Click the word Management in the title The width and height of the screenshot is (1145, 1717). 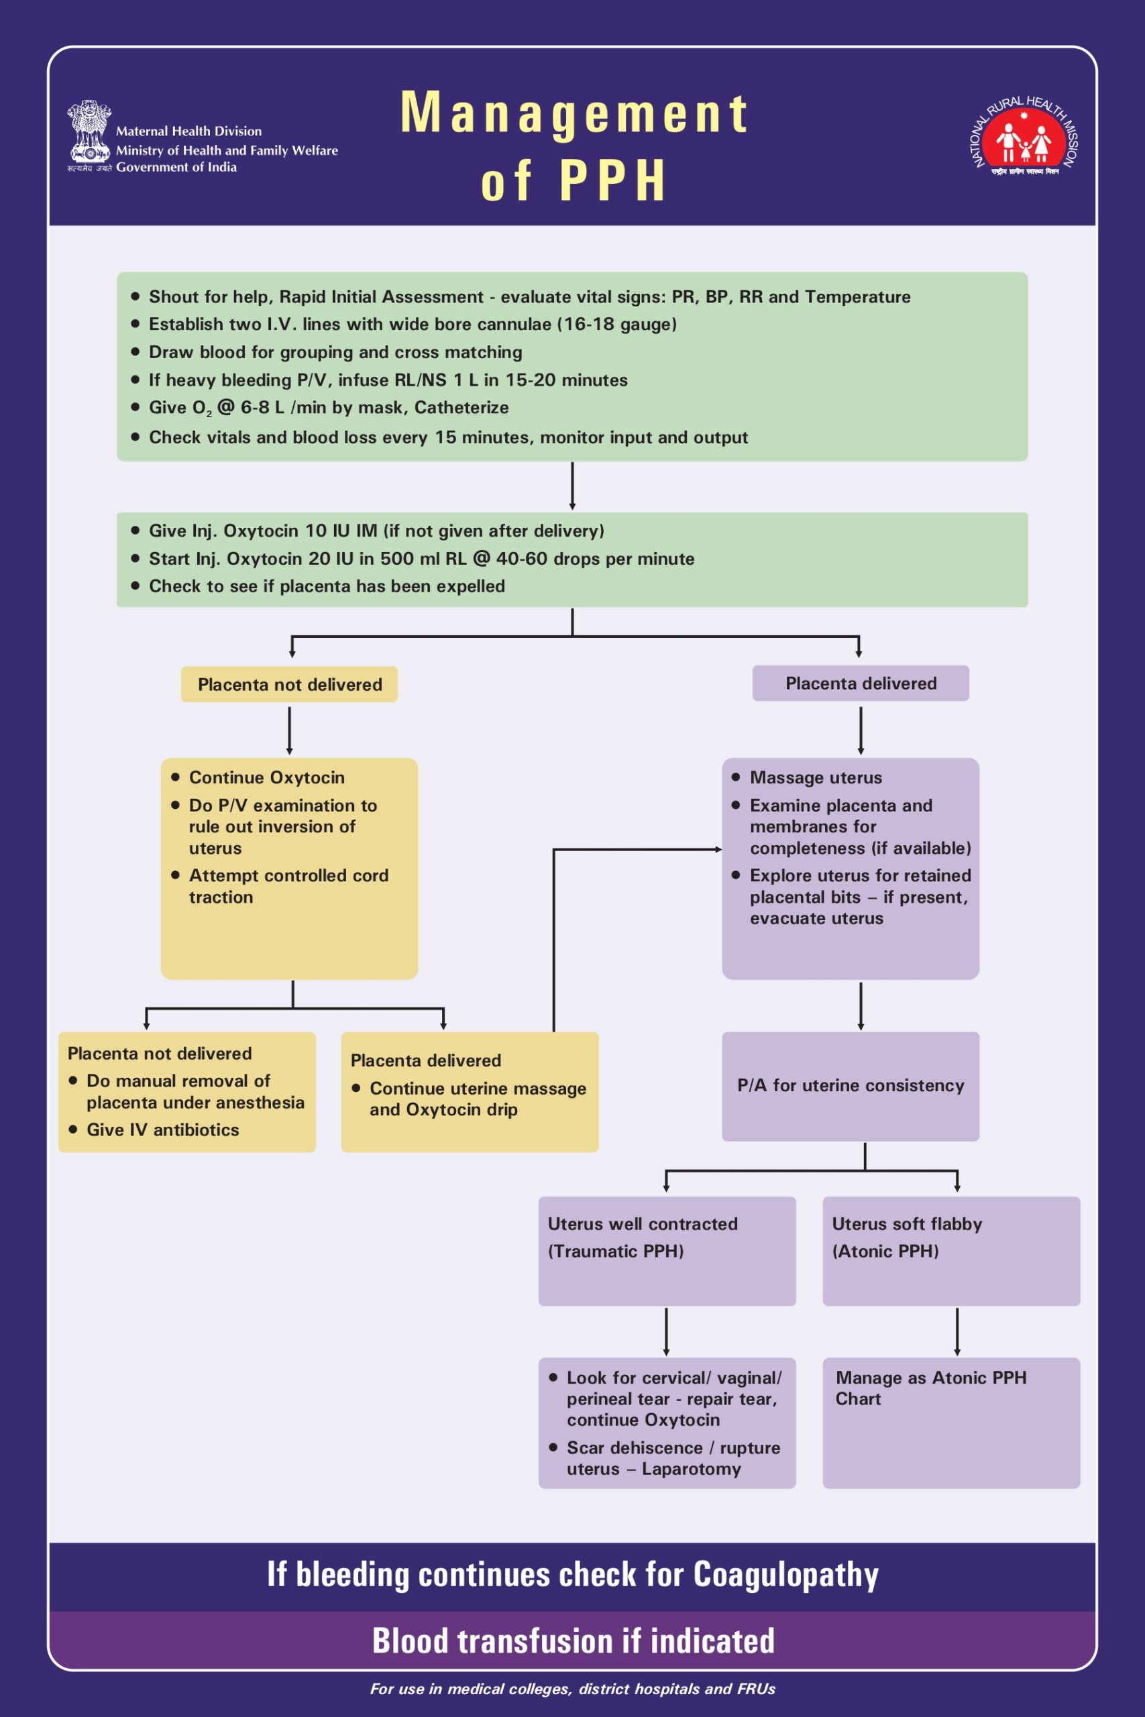click(574, 113)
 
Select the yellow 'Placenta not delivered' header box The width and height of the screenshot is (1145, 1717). click(289, 684)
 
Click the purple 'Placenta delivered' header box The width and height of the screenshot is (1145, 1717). click(860, 683)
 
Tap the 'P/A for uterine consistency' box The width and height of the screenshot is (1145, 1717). click(850, 1086)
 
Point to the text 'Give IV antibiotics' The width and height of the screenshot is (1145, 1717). click(163, 1129)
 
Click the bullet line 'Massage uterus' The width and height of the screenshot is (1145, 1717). click(815, 777)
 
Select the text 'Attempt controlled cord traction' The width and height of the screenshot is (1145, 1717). click(288, 885)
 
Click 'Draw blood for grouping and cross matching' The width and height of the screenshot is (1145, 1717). click(335, 352)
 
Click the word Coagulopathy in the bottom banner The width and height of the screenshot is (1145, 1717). click(785, 1574)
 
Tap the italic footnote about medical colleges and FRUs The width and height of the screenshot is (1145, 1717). click(573, 1689)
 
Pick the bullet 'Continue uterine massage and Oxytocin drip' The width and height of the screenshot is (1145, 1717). click(477, 1099)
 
